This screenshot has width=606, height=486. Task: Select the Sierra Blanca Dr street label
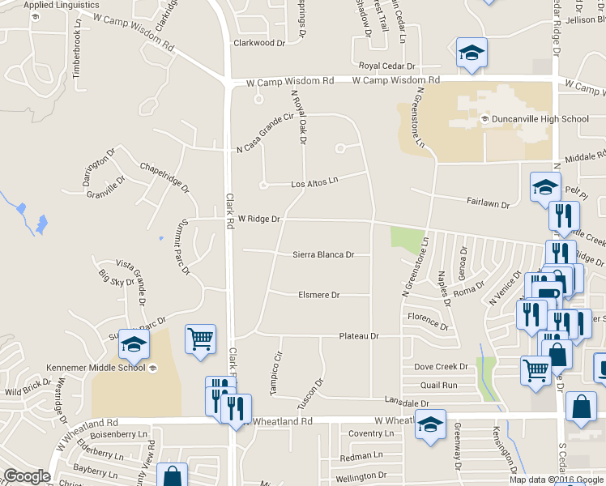(324, 254)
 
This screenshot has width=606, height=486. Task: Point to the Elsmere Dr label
(319, 295)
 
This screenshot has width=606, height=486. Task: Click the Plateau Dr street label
(359, 335)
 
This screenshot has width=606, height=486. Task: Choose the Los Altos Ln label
(314, 184)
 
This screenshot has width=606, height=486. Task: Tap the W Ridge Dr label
(258, 219)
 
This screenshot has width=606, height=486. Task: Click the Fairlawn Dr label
(488, 205)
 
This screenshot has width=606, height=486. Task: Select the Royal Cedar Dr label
(387, 66)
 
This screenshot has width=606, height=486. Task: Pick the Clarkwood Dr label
(260, 43)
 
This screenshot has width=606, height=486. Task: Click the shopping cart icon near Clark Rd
(200, 339)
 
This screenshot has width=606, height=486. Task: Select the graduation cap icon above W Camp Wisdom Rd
(472, 53)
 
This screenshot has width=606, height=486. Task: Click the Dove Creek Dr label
(441, 367)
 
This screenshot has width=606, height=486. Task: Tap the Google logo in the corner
(27, 476)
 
